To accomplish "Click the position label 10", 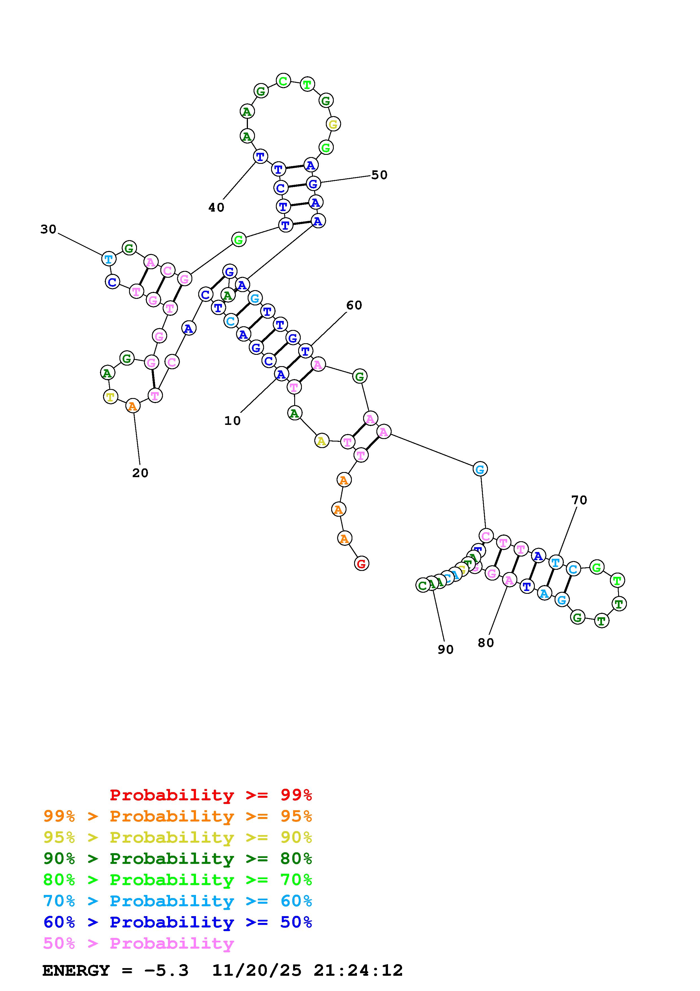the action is coord(232,421).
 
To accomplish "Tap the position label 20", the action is coord(140,473).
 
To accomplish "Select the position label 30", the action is coord(48,229).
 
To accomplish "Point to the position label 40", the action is coord(216,208).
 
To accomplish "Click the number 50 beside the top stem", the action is coord(379,175).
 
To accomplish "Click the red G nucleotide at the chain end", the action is coord(361,563).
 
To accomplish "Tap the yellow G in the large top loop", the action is coord(333,124).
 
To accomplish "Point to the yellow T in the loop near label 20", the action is coord(110,396).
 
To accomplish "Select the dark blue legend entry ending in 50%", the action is coord(177,922).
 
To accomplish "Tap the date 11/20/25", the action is coord(257,970).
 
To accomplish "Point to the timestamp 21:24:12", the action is coord(358,970).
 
